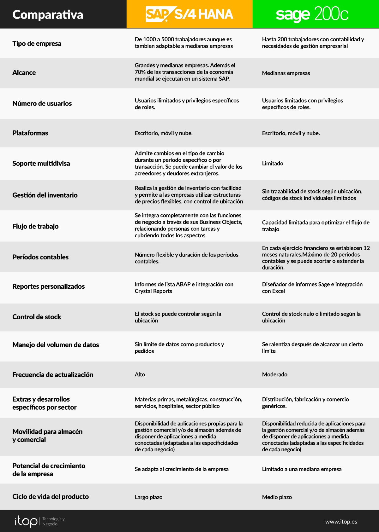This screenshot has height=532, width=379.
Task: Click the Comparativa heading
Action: pos(48,15)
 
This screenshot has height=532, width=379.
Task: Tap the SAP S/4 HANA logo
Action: pos(189,14)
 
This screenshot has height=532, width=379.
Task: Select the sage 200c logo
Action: pos(312,14)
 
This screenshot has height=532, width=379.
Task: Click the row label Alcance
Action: pos(24,73)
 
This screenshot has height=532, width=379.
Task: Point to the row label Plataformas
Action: pos(30,133)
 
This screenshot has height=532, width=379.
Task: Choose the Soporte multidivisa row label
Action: pos(41,163)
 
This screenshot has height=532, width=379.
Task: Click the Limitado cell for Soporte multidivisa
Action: pos(273,163)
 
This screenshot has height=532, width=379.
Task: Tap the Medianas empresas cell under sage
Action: pos(286,73)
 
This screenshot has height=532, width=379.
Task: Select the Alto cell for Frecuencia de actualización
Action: pos(140,374)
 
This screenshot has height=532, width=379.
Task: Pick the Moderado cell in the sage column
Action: pos(274,374)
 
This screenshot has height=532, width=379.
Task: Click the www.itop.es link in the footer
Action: pos(341,522)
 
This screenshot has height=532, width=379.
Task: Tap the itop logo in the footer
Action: pos(26,521)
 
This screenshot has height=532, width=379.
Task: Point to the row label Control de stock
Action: pos(37,317)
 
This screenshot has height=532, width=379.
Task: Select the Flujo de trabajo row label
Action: pos(35,226)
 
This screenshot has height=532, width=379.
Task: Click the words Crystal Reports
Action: pos(153,291)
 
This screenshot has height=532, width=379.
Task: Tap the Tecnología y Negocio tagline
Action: pos(53,521)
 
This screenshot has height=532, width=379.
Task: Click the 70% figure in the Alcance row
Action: pos(140,72)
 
